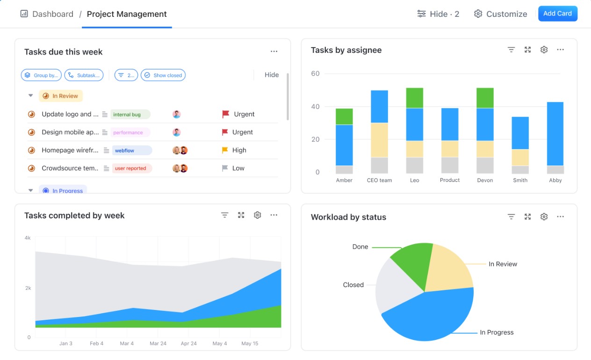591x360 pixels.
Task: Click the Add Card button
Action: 557,14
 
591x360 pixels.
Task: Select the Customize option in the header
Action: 500,14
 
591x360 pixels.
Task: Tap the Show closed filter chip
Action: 163,75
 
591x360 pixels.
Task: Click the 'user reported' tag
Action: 131,168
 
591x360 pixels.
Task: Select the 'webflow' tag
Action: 131,151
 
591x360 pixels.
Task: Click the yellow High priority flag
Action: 225,150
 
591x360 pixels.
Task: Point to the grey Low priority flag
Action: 225,168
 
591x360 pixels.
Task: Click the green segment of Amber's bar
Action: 344,116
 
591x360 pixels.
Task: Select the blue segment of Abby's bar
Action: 555,134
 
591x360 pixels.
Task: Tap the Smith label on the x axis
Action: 520,180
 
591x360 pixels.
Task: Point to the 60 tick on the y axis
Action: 315,74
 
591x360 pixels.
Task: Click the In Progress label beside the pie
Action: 497,332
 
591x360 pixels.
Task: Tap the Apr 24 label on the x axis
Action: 188,344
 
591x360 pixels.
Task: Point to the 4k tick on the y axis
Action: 28,238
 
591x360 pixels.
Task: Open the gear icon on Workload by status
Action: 544,217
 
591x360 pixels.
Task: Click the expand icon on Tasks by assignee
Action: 527,50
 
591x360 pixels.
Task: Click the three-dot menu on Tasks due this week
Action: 274,52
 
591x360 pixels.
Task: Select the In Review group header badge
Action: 61,96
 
